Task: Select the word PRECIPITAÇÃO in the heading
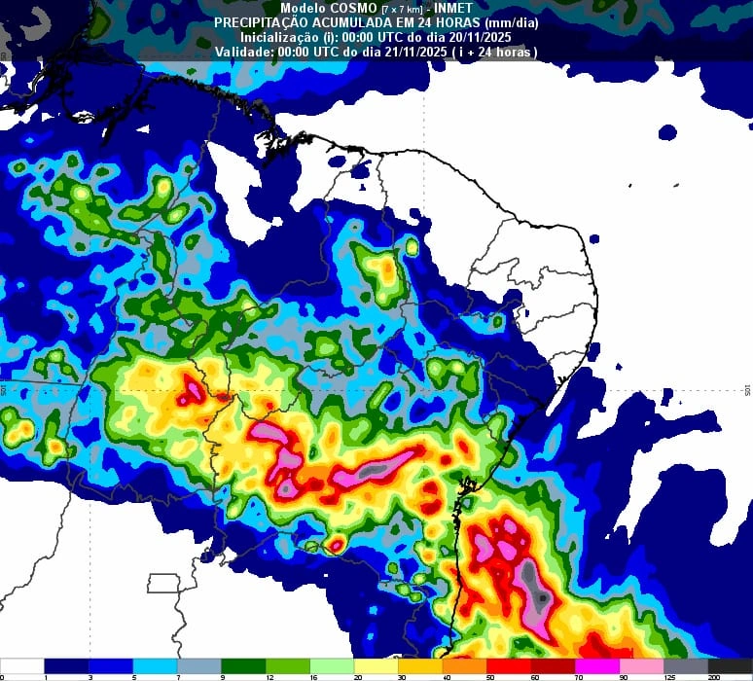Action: pyautogui.click(x=261, y=21)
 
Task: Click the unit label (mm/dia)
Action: pyautogui.click(x=508, y=21)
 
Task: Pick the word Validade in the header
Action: pyautogui.click(x=244, y=52)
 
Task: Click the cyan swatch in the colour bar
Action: pyautogui.click(x=156, y=666)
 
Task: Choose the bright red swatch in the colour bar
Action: pyautogui.click(x=509, y=666)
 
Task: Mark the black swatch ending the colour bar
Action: pyautogui.click(x=730, y=666)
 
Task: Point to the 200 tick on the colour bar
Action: pyautogui.click(x=713, y=677)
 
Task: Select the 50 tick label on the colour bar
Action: pyautogui.click(x=488, y=677)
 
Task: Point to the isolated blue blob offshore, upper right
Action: pyautogui.click(x=667, y=131)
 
